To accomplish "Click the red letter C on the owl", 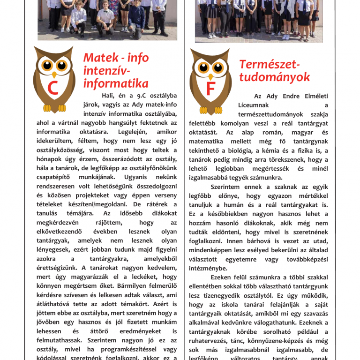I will coord(52,88).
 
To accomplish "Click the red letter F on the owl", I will coord(210,89).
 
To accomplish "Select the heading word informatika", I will coord(116,83).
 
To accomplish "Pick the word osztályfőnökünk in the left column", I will coord(153,168).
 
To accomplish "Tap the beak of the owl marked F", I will coord(210,75).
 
